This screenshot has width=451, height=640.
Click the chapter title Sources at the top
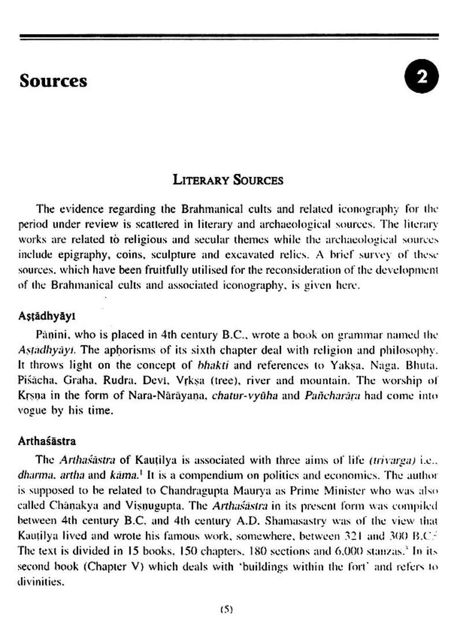point(53,80)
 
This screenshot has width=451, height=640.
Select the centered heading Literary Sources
point(228,180)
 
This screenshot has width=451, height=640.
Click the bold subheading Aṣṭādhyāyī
point(46,317)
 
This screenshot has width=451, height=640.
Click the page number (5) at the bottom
point(226,609)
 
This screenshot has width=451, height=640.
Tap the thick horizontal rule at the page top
point(228,37)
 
